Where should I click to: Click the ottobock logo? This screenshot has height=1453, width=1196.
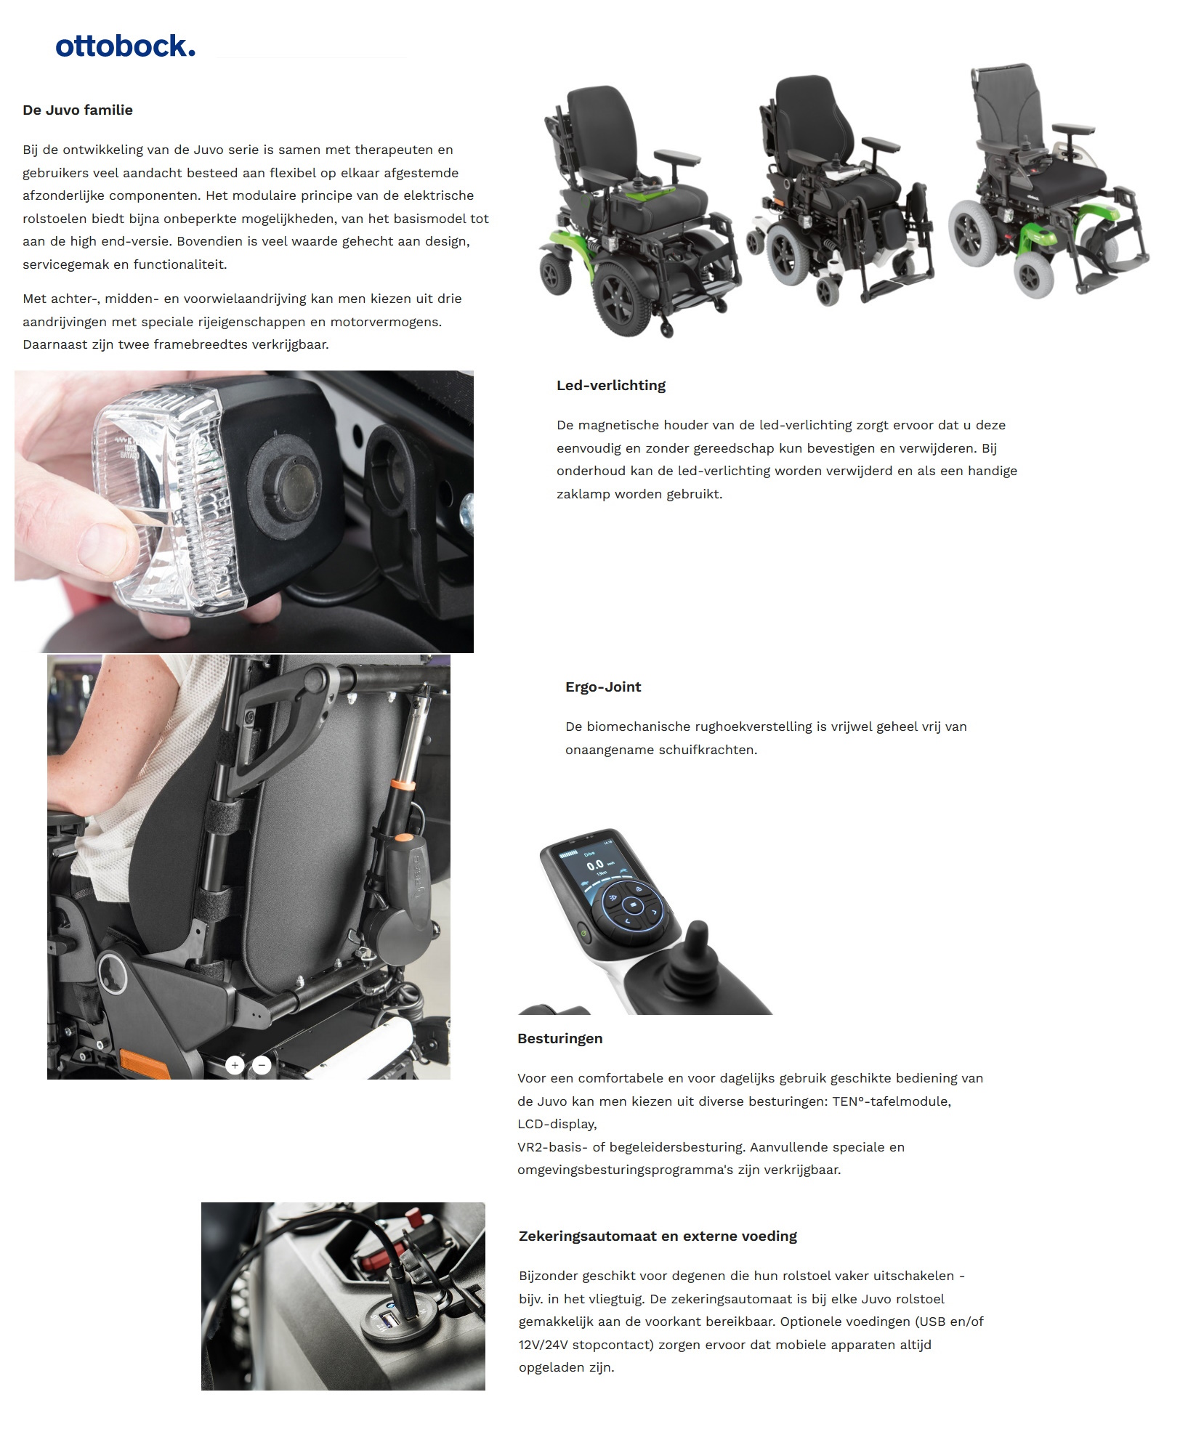click(125, 46)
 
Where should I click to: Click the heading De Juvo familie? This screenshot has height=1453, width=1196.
click(78, 110)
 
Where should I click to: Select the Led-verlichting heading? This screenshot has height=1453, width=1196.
click(610, 386)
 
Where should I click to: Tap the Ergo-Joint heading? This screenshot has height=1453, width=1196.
click(602, 687)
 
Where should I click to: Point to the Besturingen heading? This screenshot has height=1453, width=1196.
click(559, 1039)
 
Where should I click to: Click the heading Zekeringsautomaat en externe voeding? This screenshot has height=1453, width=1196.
click(657, 1237)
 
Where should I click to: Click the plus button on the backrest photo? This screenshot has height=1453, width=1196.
click(235, 1066)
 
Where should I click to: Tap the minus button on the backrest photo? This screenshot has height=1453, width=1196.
click(262, 1066)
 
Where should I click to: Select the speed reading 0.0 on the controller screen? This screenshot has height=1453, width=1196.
click(595, 865)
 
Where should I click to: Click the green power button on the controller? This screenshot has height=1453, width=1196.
click(581, 932)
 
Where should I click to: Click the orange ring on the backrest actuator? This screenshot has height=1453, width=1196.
click(401, 785)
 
